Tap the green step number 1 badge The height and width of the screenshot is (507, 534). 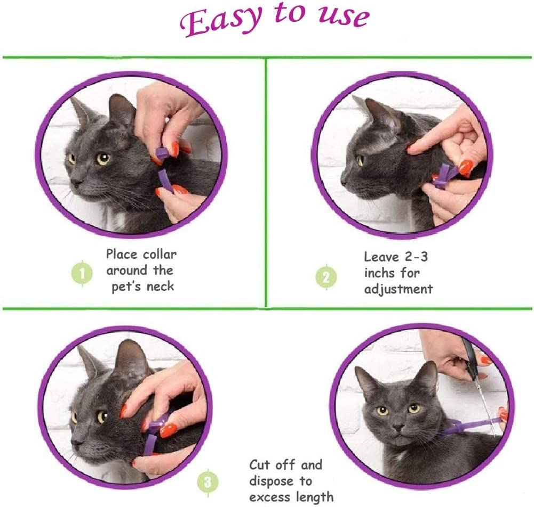coord(83,274)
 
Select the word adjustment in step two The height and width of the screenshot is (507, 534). coord(398,289)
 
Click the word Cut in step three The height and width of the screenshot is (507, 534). coord(262,465)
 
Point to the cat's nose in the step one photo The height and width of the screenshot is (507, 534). coord(76,182)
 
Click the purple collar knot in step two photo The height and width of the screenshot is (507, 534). coord(442,178)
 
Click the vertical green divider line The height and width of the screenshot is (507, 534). coord(266,181)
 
